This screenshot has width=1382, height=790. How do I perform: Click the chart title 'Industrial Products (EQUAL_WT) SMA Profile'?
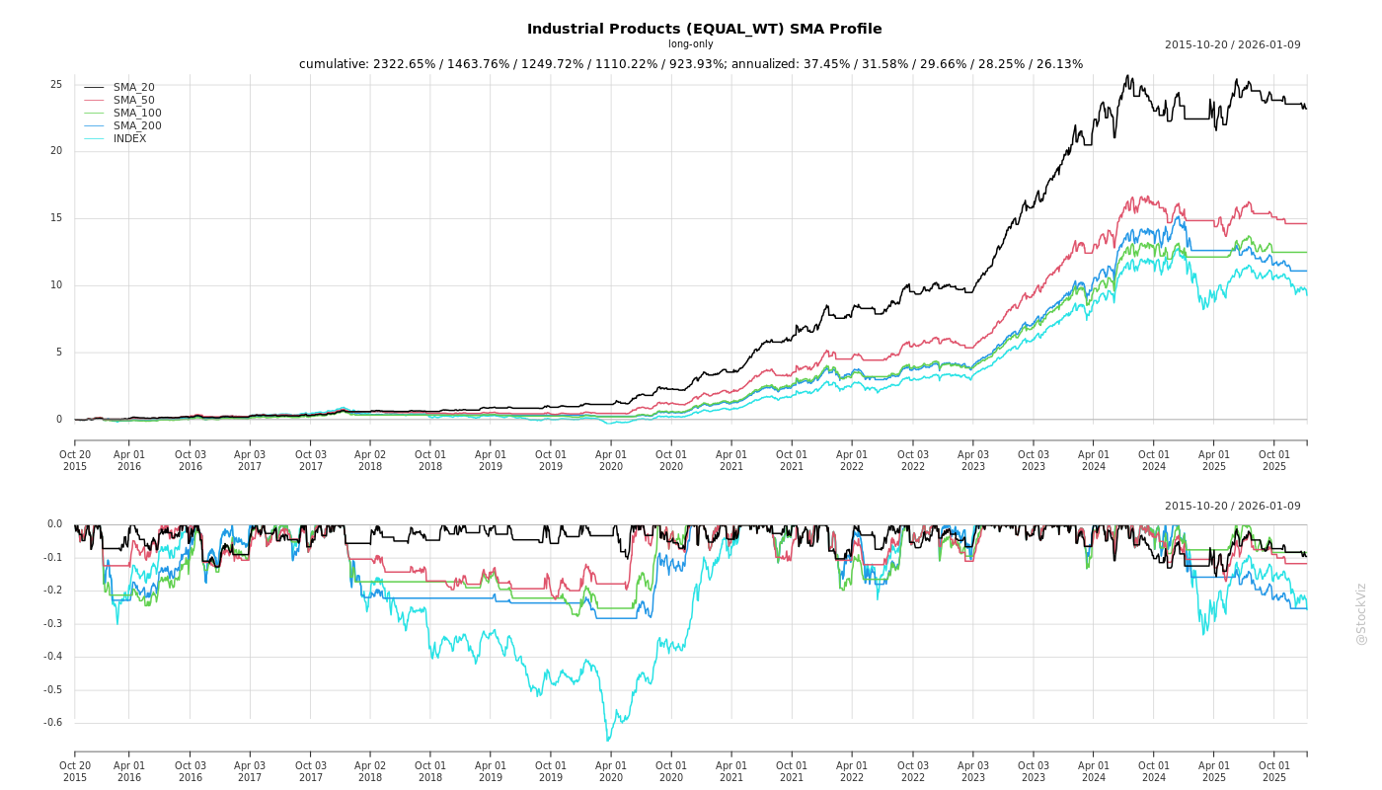click(704, 29)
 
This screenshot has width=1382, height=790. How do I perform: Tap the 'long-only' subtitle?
click(690, 44)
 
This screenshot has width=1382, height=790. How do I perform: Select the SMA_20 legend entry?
click(133, 87)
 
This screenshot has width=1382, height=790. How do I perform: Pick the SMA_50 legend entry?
click(133, 100)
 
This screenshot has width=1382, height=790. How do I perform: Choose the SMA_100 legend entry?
click(137, 113)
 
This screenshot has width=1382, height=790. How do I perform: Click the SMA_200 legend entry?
click(137, 125)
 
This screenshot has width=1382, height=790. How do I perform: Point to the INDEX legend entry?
click(129, 138)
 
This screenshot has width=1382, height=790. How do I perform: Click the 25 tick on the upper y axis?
click(56, 85)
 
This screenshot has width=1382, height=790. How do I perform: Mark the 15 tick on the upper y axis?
click(56, 218)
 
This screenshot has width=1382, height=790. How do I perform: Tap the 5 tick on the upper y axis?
click(59, 353)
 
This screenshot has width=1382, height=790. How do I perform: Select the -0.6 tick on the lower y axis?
click(53, 723)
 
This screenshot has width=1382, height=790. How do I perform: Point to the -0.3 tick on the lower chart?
click(53, 624)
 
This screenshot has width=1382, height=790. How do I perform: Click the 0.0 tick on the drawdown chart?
click(54, 524)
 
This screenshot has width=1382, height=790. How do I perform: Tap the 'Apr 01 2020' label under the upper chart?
click(611, 460)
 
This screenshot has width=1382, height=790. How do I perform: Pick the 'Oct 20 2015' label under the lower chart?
click(75, 771)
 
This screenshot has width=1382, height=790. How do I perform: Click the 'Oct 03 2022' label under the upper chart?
click(912, 460)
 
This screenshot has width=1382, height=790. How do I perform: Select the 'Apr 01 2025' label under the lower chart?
click(1214, 771)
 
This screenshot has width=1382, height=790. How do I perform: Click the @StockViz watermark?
click(1361, 614)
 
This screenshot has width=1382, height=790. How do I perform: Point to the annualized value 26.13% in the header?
click(1059, 64)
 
